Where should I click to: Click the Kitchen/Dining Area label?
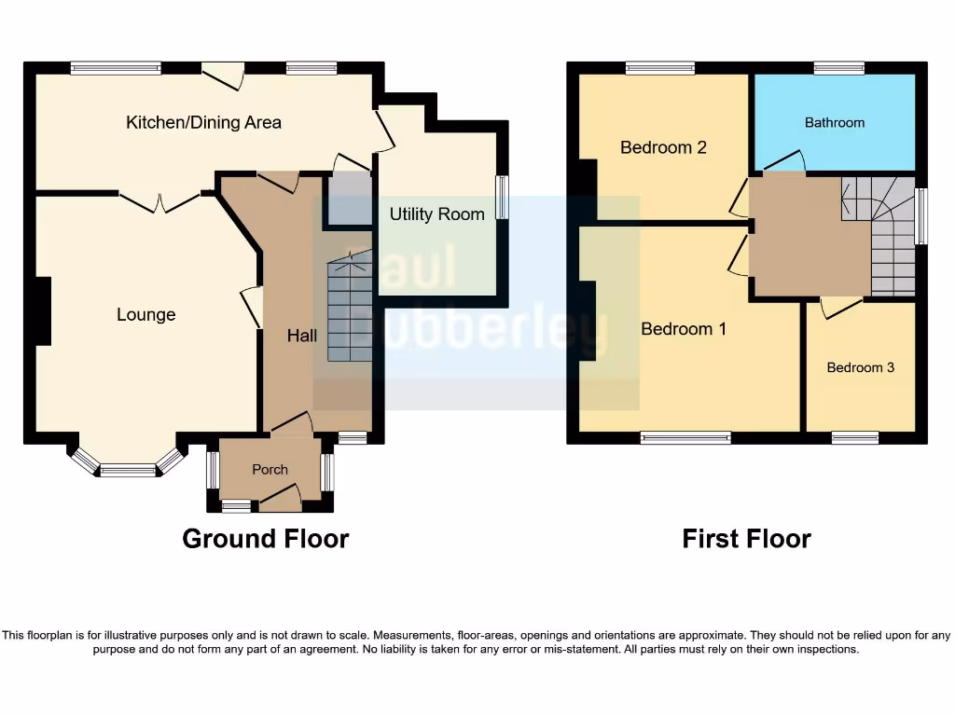[203, 122]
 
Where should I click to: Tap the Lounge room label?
[145, 315]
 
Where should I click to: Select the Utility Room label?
[436, 214]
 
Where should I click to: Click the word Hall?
[301, 335]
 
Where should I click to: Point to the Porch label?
[270, 470]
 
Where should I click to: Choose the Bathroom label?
[834, 122]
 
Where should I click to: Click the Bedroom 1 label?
[684, 329]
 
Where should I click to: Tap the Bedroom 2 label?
[663, 147]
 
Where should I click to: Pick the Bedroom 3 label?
[860, 367]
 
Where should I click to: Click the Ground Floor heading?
[265, 539]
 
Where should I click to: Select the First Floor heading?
[746, 539]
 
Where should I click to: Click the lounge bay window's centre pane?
[128, 471]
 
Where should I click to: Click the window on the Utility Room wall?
[504, 198]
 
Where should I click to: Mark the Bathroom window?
[838, 68]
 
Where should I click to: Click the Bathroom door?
[784, 162]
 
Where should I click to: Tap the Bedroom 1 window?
[685, 437]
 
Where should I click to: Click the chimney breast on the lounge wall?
[42, 311]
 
